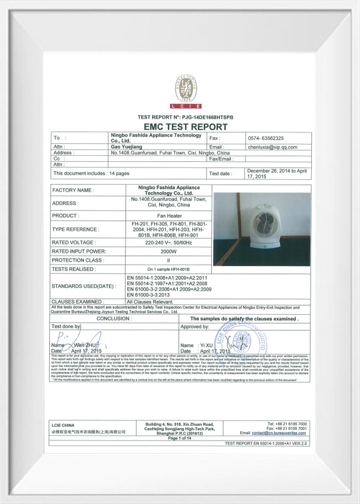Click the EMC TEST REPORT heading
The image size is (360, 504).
185,127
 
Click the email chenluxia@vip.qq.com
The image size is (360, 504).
272,147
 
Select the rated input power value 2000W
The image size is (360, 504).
169,251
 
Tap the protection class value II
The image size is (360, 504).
169,260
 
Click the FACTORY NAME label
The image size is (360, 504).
73,190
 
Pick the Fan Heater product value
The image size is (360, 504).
169,215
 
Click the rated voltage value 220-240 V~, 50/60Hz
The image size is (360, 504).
169,242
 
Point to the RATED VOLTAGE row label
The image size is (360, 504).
74,242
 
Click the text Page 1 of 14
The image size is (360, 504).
180,438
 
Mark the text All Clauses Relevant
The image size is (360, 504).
150,301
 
